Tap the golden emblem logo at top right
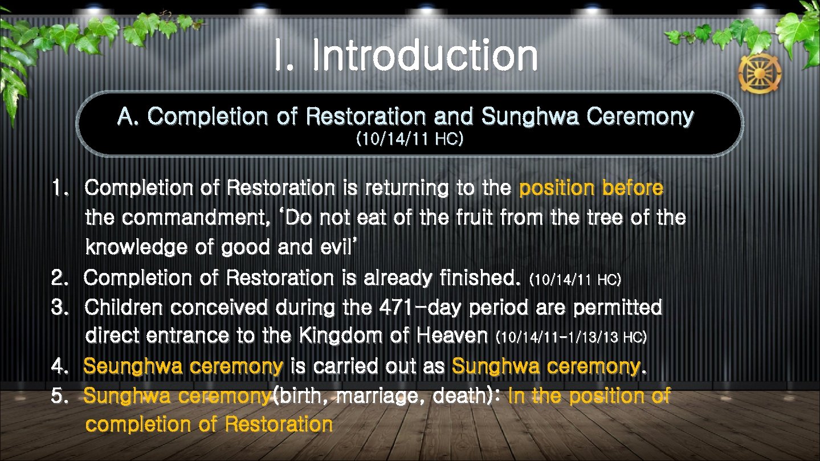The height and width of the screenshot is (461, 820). point(760,74)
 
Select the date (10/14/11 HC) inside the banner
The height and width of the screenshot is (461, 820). point(409,139)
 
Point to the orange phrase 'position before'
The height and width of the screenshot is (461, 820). point(591,188)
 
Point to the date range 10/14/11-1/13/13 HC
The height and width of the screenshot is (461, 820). point(572,337)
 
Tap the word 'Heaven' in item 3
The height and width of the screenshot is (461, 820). point(452,336)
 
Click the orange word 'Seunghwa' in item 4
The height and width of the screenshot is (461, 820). point(125,366)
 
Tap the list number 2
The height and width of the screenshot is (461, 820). point(59,278)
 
